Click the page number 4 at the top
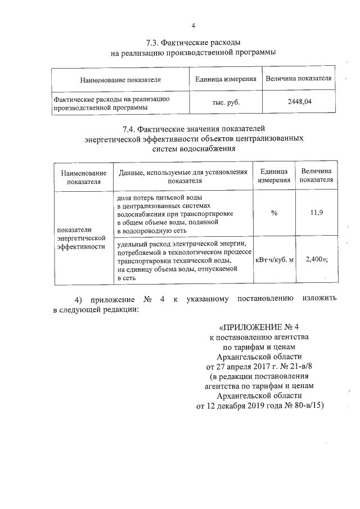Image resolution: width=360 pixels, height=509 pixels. [193, 25]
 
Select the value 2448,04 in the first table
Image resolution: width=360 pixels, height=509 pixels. [299, 101]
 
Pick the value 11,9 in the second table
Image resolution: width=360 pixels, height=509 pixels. [316, 213]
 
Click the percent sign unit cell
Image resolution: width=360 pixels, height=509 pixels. [274, 213]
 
